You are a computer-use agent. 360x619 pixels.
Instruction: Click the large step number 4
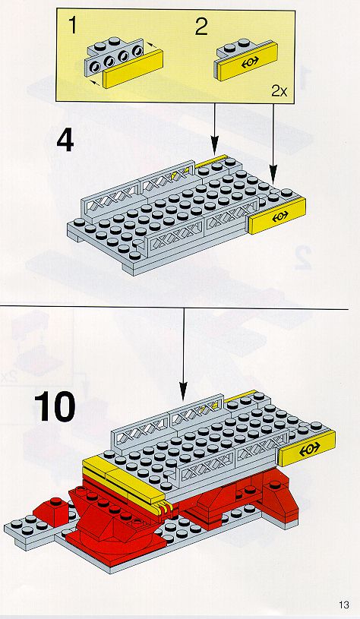coord(65,141)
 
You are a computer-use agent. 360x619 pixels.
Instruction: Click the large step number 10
coord(55,406)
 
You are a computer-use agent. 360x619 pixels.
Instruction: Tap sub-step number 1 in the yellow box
coord(73,25)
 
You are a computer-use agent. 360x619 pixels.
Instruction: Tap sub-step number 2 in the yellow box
coord(201,27)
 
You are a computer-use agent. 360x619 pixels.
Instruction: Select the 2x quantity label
coord(279,91)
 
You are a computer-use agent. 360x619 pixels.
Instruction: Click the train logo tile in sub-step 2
coord(247,62)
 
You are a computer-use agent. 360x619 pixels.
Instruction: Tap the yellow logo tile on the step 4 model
coord(277,216)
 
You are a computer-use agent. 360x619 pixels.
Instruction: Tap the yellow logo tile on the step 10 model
coord(307,448)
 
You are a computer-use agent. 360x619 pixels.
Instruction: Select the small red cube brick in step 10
coord(52,511)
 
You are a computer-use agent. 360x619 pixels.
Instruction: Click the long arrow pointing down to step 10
coord(183,355)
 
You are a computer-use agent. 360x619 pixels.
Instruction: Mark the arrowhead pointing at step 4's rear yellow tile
coord(214,146)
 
